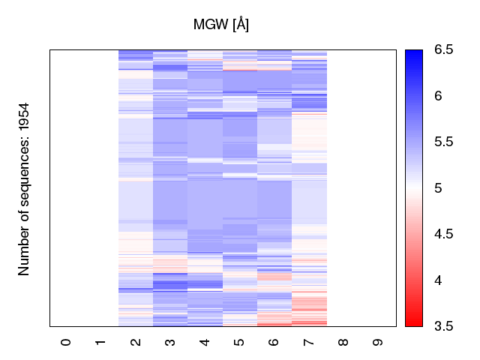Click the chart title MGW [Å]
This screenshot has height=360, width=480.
pyautogui.click(x=221, y=25)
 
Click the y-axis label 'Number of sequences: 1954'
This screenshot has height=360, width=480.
pyautogui.click(x=25, y=188)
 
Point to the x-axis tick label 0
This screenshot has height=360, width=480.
pyautogui.click(x=66, y=342)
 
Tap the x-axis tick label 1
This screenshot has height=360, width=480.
pyautogui.click(x=100, y=342)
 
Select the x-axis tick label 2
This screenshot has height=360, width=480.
pyautogui.click(x=136, y=342)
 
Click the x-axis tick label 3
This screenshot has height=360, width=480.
pyautogui.click(x=170, y=342)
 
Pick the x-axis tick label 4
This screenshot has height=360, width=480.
pyautogui.click(x=205, y=342)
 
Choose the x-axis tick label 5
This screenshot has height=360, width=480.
pyautogui.click(x=239, y=342)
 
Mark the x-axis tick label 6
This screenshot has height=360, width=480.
pyautogui.click(x=274, y=342)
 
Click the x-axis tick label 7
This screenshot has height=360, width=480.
pyautogui.click(x=309, y=342)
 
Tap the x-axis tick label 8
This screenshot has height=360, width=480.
pyautogui.click(x=343, y=342)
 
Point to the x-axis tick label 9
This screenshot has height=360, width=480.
pyautogui.click(x=378, y=342)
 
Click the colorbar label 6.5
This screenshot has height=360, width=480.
pyautogui.click(x=443, y=50)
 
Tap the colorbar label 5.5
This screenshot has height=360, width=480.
pyautogui.click(x=443, y=142)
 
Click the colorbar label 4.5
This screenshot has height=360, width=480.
pyautogui.click(x=443, y=234)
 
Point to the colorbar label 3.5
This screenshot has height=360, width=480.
pyautogui.click(x=443, y=326)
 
